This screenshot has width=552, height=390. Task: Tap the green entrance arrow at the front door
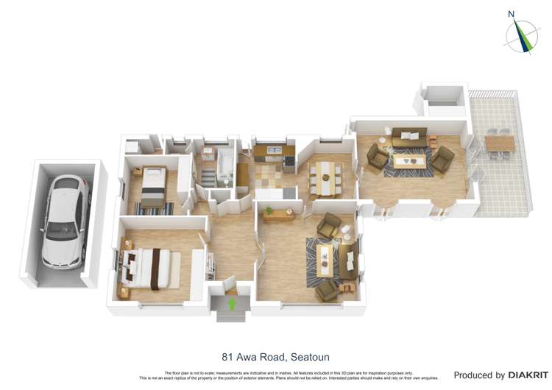233,302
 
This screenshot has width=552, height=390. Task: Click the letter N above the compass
512,14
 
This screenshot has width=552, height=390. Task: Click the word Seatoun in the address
309,358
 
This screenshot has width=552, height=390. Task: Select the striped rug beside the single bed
155,209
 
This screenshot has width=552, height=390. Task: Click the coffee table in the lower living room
325,257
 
